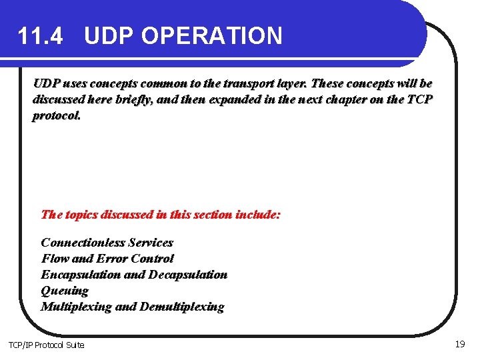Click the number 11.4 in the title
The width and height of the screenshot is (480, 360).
41,36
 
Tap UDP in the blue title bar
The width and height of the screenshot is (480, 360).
109,36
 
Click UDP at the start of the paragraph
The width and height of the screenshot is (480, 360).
46,84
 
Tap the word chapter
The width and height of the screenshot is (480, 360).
367,100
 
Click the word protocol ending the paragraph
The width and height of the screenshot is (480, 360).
57,116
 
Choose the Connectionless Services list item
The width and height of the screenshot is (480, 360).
107,243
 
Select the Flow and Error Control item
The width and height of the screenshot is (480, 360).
107,259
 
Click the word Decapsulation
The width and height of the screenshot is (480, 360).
188,275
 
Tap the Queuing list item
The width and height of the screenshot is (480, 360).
65,291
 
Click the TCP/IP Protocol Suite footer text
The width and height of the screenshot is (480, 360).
46,345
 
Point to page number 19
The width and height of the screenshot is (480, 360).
459,344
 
